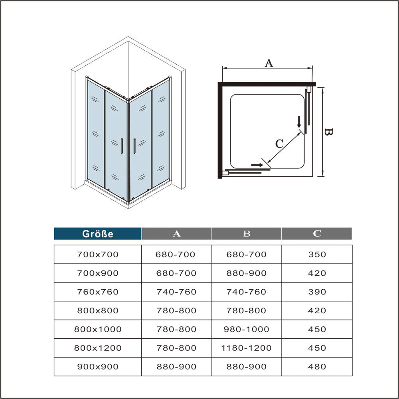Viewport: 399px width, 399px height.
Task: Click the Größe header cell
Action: (x=98, y=234)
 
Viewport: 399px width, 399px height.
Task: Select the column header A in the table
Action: (x=176, y=234)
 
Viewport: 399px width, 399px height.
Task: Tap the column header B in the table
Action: (x=247, y=234)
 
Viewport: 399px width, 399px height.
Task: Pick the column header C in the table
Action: (x=317, y=234)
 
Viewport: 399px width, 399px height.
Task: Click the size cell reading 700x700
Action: (x=98, y=255)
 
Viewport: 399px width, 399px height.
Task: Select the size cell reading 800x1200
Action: (x=98, y=348)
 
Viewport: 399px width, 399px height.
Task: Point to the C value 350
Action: (x=317, y=255)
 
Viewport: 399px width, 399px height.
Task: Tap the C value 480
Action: (x=317, y=367)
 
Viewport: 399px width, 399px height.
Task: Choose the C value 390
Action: (x=317, y=292)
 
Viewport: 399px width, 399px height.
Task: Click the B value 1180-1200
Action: (x=247, y=348)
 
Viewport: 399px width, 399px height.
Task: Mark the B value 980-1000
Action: (x=247, y=330)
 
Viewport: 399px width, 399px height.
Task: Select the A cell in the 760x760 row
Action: (x=176, y=292)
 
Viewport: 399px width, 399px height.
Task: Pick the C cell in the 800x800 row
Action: (x=317, y=310)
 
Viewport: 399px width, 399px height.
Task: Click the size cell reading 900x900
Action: (x=98, y=367)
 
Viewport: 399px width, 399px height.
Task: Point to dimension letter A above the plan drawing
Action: (x=269, y=63)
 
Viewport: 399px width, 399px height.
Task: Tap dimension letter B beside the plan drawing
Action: (x=328, y=132)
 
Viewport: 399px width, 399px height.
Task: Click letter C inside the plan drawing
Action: (x=279, y=143)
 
